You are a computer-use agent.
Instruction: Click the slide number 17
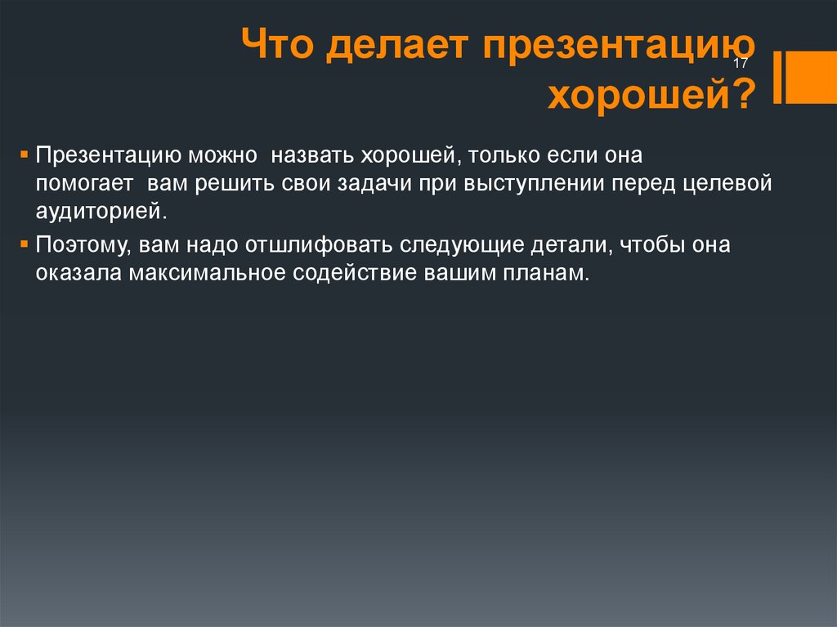(x=741, y=63)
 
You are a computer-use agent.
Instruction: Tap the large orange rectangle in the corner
(x=812, y=77)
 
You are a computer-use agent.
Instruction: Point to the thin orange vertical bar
(x=778, y=77)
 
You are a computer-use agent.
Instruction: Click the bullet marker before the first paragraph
(x=24, y=155)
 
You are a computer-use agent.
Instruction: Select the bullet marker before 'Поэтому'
(x=24, y=244)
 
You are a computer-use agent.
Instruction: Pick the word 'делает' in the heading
(x=397, y=46)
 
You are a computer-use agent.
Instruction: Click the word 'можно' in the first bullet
(x=222, y=155)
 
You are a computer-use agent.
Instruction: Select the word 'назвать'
(x=312, y=155)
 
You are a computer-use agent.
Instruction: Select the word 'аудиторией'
(x=98, y=212)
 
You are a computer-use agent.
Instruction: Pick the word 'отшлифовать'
(x=319, y=244)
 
